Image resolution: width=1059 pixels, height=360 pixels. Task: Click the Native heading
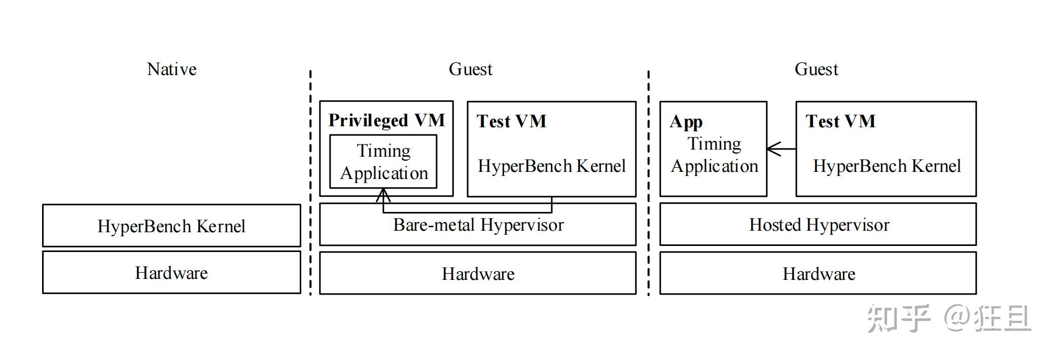pyautogui.click(x=171, y=69)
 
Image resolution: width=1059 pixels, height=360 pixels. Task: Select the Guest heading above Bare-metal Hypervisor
pyautogui.click(x=470, y=69)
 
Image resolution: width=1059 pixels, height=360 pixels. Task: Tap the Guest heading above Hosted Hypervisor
pyautogui.click(x=816, y=69)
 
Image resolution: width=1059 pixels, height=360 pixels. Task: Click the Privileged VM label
pyautogui.click(x=386, y=120)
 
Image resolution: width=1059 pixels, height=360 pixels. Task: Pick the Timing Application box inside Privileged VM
pyautogui.click(x=383, y=162)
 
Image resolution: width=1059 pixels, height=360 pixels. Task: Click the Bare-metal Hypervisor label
pyautogui.click(x=478, y=225)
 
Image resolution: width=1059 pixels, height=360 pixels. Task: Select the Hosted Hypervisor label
pyautogui.click(x=819, y=225)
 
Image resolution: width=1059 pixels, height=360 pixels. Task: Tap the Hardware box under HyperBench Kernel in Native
pyautogui.click(x=171, y=273)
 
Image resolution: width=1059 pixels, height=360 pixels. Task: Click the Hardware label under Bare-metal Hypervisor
pyautogui.click(x=478, y=274)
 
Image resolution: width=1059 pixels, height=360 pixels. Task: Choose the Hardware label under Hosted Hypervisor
pyautogui.click(x=819, y=274)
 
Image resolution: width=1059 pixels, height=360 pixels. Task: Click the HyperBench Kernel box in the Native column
pyautogui.click(x=171, y=226)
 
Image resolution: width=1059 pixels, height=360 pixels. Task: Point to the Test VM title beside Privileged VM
pyautogui.click(x=511, y=121)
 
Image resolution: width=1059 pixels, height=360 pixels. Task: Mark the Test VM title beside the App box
pyautogui.click(x=840, y=121)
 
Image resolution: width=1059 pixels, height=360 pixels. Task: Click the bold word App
pyautogui.click(x=686, y=122)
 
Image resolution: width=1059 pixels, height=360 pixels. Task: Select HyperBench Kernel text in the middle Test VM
pyautogui.click(x=551, y=166)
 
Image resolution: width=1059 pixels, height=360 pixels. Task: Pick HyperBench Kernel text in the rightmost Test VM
pyautogui.click(x=887, y=166)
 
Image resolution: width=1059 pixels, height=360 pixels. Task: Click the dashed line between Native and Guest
pyautogui.click(x=310, y=183)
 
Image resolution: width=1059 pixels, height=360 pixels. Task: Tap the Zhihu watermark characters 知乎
pyautogui.click(x=898, y=318)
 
